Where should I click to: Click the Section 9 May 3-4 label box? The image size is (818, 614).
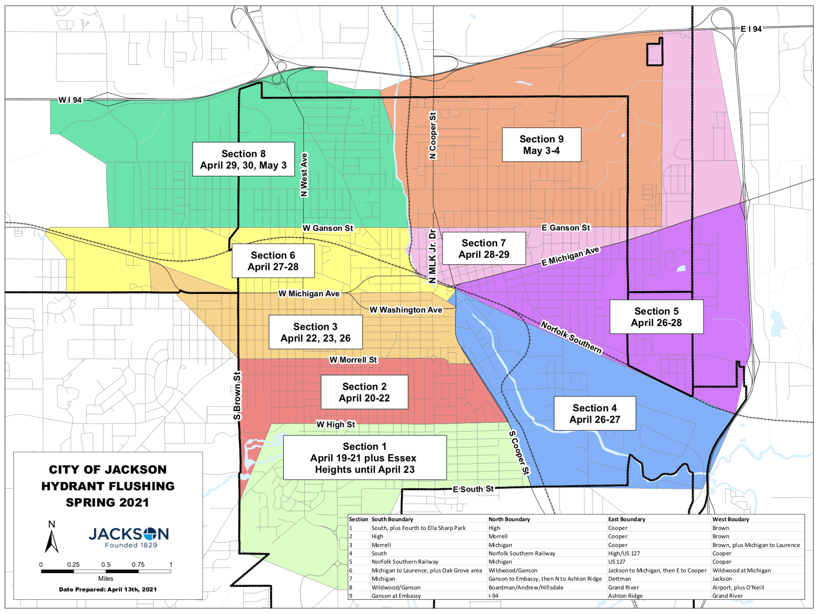[x=541, y=145]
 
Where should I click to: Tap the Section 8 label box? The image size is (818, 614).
[x=243, y=159]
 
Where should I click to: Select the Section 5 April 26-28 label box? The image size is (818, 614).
[x=656, y=317]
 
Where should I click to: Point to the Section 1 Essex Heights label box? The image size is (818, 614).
[x=365, y=458]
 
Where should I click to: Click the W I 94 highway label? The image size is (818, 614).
[x=70, y=100]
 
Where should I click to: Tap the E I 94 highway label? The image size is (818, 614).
[x=751, y=29]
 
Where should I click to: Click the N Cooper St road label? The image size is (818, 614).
[x=433, y=136]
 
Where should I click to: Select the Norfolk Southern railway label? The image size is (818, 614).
[x=571, y=338]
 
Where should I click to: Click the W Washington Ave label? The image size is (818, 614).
[x=405, y=310]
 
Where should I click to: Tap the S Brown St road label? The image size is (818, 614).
[x=237, y=395]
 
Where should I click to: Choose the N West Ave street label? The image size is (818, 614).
[x=304, y=175]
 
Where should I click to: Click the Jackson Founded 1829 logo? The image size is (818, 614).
[x=129, y=537]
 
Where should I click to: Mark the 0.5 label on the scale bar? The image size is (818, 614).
[x=106, y=564]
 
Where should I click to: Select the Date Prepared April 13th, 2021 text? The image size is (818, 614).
[x=108, y=589]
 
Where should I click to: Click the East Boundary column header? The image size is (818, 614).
[x=626, y=519]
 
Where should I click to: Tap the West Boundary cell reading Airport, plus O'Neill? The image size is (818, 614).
[x=738, y=587]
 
